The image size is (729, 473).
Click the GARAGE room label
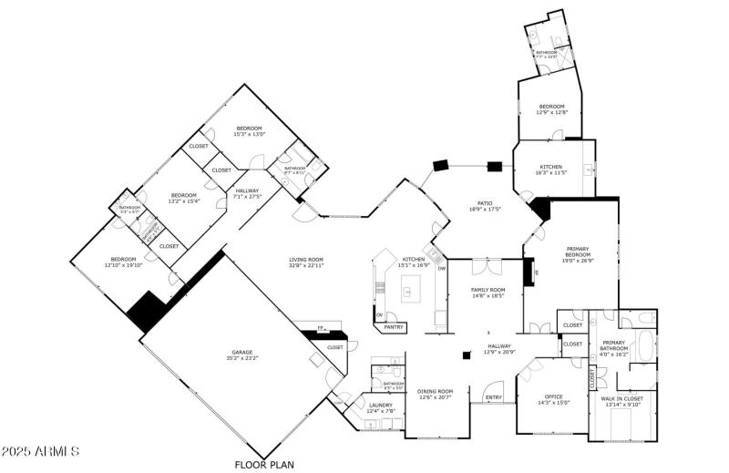(x=241, y=353)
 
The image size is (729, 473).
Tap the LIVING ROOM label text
(x=306, y=260)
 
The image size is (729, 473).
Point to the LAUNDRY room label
(x=380, y=406)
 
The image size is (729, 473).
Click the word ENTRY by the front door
(x=493, y=397)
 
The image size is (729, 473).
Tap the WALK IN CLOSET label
(x=622, y=398)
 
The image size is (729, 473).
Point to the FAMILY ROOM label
(x=488, y=290)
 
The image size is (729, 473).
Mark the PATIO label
(x=485, y=204)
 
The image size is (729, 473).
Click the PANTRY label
(x=394, y=326)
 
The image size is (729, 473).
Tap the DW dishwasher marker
(x=442, y=268)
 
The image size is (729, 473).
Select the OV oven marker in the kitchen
(x=379, y=316)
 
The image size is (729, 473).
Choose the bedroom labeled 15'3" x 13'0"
(x=250, y=129)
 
